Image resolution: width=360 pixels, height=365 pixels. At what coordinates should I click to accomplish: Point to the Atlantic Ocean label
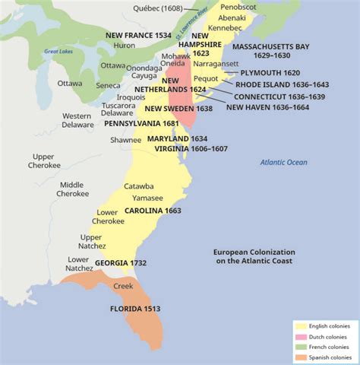284,162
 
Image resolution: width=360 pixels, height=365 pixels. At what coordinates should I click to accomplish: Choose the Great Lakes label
57,51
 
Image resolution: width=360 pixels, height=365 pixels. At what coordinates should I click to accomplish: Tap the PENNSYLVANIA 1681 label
141,122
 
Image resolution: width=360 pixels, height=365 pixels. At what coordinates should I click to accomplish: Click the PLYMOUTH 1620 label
270,73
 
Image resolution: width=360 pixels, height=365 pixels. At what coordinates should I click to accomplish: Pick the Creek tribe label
123,287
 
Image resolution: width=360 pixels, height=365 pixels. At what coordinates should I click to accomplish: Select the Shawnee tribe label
125,140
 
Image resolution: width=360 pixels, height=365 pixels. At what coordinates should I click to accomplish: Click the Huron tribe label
125,46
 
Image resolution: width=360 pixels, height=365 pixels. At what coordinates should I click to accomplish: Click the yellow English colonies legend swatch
301,325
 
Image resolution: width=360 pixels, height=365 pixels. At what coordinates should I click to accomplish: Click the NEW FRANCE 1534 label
137,35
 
